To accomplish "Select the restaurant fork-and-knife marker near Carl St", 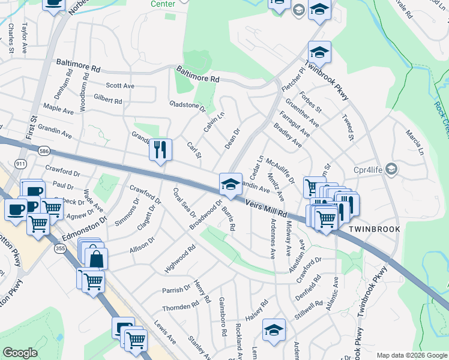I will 160,149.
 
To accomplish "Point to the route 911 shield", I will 21,163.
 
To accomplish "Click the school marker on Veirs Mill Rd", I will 231,184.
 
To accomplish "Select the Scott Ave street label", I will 120,86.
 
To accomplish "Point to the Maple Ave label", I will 58,111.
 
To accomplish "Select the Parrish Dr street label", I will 176,290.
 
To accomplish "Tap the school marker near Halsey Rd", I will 274,330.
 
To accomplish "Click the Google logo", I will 20,353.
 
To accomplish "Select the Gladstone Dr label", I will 187,107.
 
